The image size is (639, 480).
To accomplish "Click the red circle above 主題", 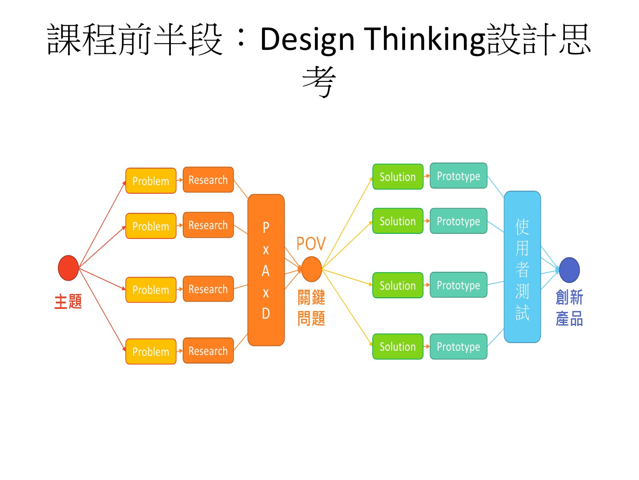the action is pyautogui.click(x=68, y=268).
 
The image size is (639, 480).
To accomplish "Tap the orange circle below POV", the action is pyautogui.click(x=311, y=269).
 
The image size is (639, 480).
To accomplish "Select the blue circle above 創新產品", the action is pyautogui.click(x=569, y=270).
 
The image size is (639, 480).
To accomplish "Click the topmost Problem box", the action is pyautogui.click(x=151, y=180).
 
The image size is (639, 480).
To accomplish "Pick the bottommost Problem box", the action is pyautogui.click(x=151, y=351).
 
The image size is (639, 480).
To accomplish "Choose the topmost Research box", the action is pyautogui.click(x=208, y=180).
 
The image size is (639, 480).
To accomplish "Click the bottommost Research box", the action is pyautogui.click(x=208, y=350).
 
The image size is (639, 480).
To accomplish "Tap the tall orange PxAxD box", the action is pyautogui.click(x=266, y=270).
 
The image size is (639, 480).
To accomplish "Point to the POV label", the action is pyautogui.click(x=311, y=244).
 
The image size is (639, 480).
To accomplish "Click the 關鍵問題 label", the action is pyautogui.click(x=311, y=308).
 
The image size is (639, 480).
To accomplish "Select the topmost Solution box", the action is pyautogui.click(x=397, y=177).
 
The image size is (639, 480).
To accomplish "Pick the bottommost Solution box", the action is pyautogui.click(x=397, y=346).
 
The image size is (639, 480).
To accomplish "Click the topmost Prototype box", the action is pyautogui.click(x=458, y=176).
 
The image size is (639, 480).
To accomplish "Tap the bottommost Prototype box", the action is pyautogui.click(x=458, y=346).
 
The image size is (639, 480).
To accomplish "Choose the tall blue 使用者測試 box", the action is pyautogui.click(x=522, y=267).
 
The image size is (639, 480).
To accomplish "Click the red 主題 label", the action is pyautogui.click(x=68, y=301).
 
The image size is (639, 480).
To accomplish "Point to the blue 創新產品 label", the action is pyautogui.click(x=569, y=308).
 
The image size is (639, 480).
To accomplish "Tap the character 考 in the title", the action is pyautogui.click(x=319, y=81).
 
